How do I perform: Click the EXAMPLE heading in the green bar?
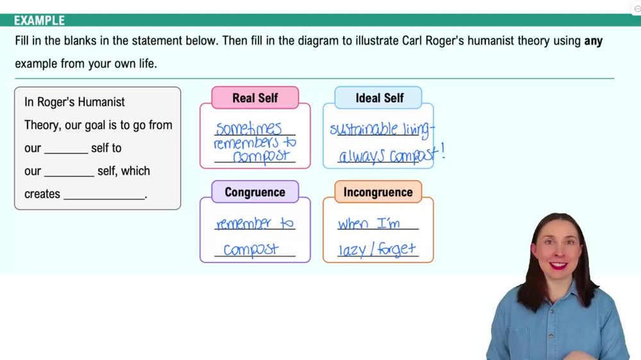[39, 20]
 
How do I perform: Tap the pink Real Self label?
[255, 98]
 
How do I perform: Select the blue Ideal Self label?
[379, 98]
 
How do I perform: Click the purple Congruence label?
[255, 192]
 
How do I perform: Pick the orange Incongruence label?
[378, 192]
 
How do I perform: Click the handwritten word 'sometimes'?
[248, 129]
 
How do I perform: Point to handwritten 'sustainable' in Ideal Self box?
[364, 130]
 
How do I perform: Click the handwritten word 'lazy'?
[352, 250]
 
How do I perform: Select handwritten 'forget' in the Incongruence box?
[396, 249]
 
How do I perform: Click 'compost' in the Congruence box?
[251, 250]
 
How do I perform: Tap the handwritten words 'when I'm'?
[369, 224]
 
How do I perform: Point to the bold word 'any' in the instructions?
[593, 41]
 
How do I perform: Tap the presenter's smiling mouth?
[558, 265]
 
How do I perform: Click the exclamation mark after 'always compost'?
[442, 152]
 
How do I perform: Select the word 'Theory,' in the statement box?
[42, 125]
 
